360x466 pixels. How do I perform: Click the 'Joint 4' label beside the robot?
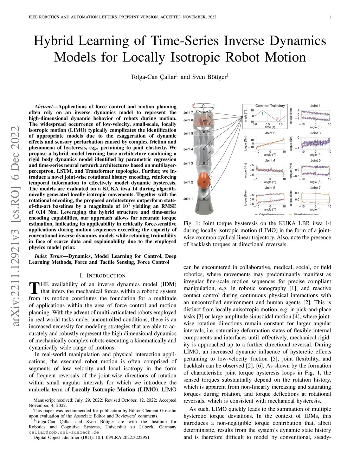188,149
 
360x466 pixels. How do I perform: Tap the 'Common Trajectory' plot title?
270,106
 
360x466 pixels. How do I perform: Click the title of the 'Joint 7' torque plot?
315,188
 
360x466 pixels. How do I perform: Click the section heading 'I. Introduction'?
102,275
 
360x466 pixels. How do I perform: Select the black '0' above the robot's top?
203,105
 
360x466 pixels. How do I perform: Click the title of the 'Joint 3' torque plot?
315,133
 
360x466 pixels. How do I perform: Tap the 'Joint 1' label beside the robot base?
188,199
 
